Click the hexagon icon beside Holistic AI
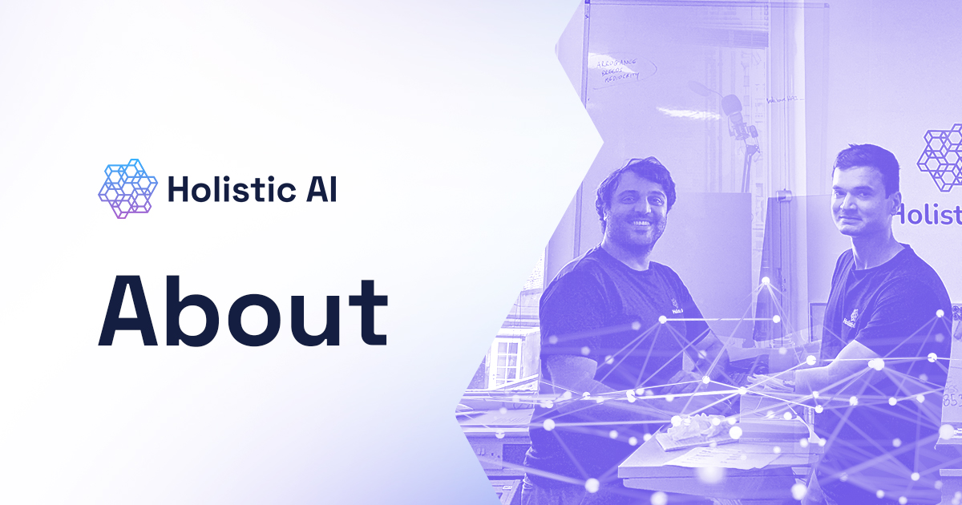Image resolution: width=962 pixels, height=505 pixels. point(127,189)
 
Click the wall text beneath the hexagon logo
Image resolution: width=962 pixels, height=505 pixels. point(930,215)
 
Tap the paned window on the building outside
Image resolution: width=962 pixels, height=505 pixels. point(507,361)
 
